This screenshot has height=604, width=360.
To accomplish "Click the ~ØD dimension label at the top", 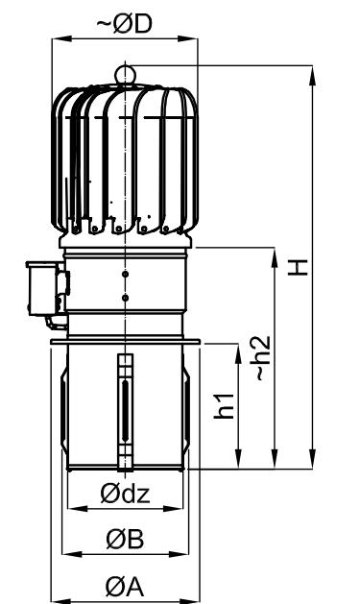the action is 124,24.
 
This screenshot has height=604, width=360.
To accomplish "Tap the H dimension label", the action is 298,267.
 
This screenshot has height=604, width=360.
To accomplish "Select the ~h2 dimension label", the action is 264,359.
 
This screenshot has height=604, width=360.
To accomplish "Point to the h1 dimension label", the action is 225,406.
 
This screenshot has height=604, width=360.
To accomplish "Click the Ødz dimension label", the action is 125,494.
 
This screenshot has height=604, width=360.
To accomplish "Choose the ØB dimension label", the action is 125,539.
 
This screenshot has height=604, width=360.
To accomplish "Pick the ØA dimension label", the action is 125,587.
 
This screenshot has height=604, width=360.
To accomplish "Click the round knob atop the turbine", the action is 126,74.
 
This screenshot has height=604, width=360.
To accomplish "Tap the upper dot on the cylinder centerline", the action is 125,275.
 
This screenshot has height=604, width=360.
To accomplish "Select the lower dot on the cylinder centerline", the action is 125,298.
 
